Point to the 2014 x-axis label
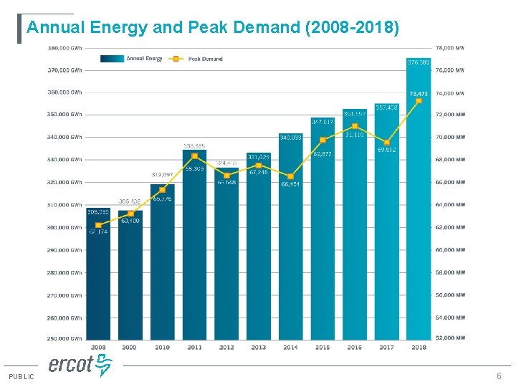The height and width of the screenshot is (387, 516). [290, 348]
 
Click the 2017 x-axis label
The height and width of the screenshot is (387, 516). [386, 348]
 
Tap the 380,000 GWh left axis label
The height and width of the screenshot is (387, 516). [65, 48]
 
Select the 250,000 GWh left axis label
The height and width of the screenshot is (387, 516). [65, 338]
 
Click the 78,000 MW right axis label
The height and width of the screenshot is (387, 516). [450, 48]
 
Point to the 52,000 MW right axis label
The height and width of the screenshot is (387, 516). [450, 338]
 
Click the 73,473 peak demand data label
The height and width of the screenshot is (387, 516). [419, 93]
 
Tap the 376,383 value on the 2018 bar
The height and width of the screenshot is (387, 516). [419, 63]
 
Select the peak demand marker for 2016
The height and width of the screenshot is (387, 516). [355, 126]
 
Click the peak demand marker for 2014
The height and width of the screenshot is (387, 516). [290, 176]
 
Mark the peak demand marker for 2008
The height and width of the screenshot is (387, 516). [98, 225]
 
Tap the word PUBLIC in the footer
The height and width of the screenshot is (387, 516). [21, 377]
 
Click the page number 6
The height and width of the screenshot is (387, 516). [499, 377]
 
